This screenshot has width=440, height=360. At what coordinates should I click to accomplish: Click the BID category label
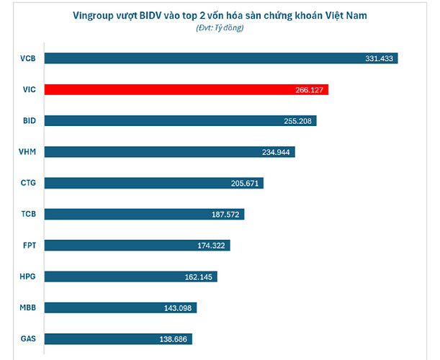(29, 120)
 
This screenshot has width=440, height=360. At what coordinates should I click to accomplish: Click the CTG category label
(29, 183)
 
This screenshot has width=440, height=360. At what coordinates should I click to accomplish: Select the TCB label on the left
(29, 214)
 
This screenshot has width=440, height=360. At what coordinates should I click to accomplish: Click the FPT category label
(29, 245)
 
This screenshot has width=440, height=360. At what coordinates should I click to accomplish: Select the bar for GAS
(118, 338)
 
